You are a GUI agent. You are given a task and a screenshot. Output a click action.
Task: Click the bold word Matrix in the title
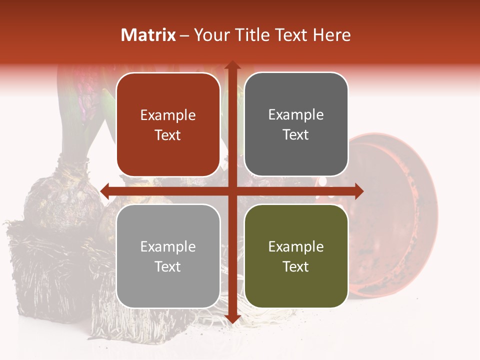(x=148, y=35)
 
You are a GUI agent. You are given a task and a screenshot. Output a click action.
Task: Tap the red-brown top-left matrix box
(x=168, y=124)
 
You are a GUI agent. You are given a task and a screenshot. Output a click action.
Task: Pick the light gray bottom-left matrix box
(x=168, y=256)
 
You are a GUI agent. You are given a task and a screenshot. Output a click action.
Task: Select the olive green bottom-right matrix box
(x=296, y=256)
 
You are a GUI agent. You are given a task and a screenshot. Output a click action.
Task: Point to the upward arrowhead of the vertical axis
(x=232, y=65)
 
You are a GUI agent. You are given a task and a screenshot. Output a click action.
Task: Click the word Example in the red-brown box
(x=168, y=115)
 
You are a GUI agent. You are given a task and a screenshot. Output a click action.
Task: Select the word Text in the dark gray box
(x=296, y=135)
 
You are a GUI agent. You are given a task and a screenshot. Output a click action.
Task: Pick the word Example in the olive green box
(x=296, y=246)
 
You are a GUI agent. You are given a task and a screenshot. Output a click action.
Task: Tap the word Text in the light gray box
(x=168, y=267)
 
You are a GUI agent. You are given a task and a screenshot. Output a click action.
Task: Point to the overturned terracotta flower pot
(x=395, y=215)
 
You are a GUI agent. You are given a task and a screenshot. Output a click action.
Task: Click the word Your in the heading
(x=209, y=35)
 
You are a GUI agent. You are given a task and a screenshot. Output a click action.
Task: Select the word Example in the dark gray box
(x=296, y=115)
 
